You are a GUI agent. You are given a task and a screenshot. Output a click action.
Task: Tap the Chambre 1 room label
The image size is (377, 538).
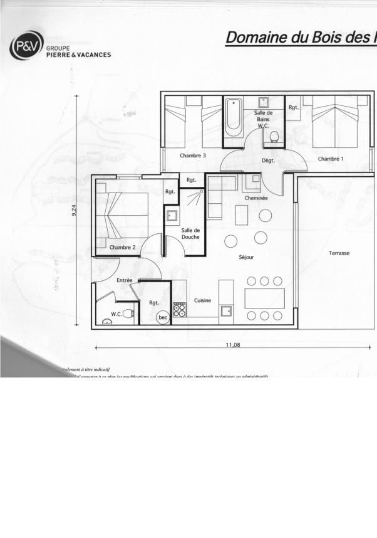tap(331, 159)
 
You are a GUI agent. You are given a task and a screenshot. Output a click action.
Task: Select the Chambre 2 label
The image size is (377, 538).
tap(122, 248)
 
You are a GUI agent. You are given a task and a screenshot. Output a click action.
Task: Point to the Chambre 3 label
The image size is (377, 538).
tap(193, 155)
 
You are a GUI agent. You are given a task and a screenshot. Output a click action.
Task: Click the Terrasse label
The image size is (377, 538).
tap(339, 253)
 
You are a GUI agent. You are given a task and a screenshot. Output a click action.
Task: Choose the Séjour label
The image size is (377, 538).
tap(246, 257)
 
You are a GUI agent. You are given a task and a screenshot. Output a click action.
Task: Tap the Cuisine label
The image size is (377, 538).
tap(202, 300)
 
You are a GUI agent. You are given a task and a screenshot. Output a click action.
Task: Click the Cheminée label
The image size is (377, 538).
tap(256, 198)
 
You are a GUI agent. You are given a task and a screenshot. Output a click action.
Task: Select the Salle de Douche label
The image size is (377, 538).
tap(190, 233)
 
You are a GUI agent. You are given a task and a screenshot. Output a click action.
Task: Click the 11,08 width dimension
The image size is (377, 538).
tap(233, 345)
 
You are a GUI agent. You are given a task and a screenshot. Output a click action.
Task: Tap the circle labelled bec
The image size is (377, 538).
tap(163, 317)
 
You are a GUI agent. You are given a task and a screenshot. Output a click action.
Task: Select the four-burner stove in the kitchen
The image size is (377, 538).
tap(179, 309)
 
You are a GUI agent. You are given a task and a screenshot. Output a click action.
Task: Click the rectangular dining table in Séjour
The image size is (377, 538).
tap(264, 298)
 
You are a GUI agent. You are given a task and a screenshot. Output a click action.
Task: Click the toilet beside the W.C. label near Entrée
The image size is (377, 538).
tap(129, 314)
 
